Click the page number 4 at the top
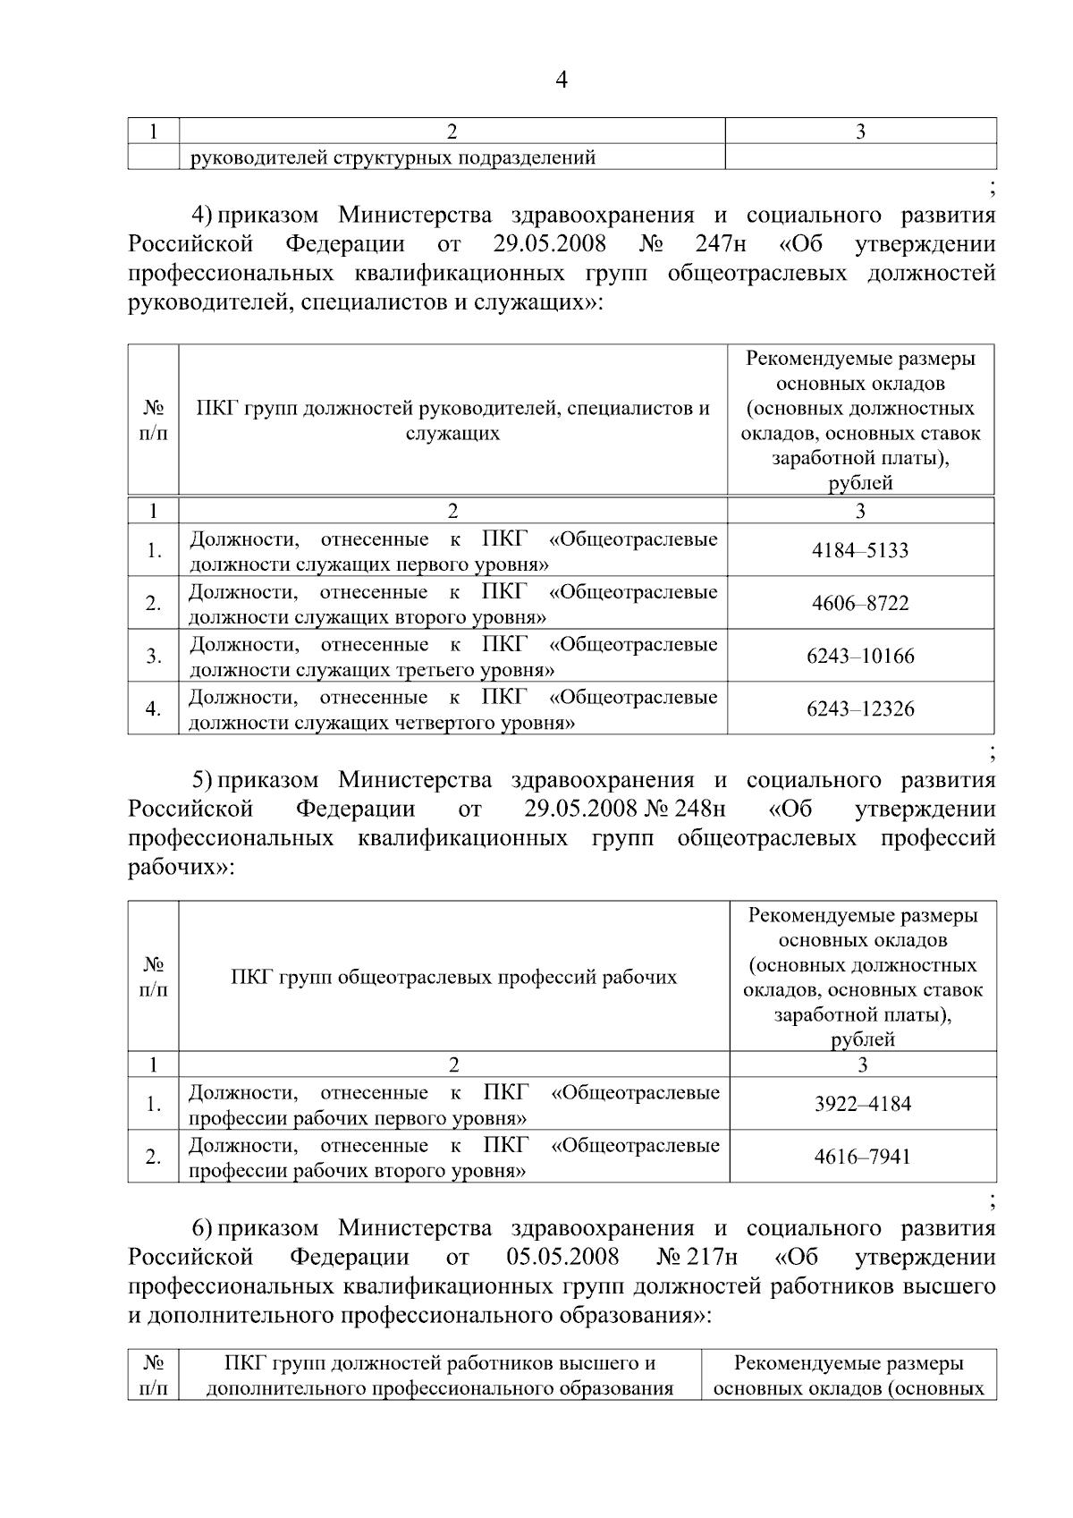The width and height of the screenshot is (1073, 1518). coord(561,81)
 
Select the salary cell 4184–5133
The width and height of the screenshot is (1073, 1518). coord(859,550)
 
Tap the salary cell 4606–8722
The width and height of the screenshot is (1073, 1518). coord(859,603)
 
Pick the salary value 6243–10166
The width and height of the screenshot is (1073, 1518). coord(859,656)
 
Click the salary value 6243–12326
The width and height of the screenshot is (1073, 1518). coord(859,708)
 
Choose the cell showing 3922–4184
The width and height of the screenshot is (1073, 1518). coord(862,1104)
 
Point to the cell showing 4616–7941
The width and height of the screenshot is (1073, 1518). coord(862,1157)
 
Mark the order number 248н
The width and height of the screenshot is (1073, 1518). coord(702,810)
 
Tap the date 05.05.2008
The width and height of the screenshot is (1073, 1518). coord(562,1257)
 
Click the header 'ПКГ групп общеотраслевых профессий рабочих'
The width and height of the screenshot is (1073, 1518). coord(453,977)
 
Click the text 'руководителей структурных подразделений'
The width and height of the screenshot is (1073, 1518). coord(393,158)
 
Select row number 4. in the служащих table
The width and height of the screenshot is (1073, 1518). coord(154,708)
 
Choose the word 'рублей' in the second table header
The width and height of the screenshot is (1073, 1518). coord(862,1039)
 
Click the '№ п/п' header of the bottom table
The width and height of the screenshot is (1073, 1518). coord(154,1376)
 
